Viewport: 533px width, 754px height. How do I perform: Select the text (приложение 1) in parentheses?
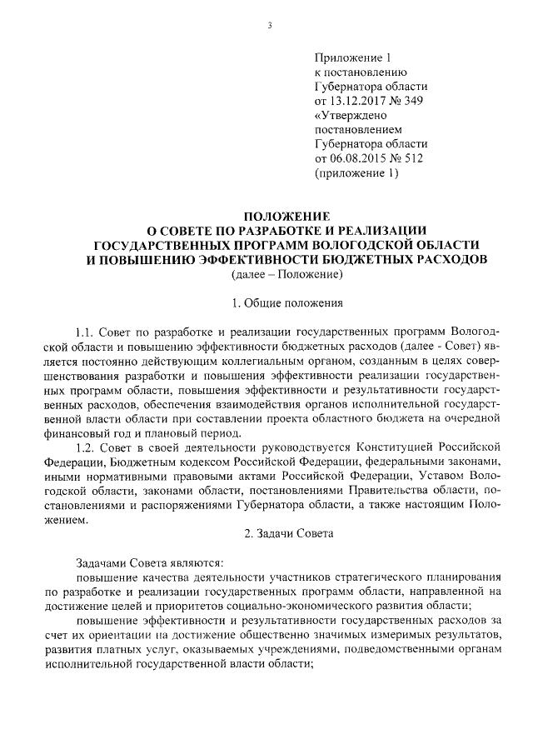[351, 174]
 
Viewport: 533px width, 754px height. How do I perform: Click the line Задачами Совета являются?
[145, 562]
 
